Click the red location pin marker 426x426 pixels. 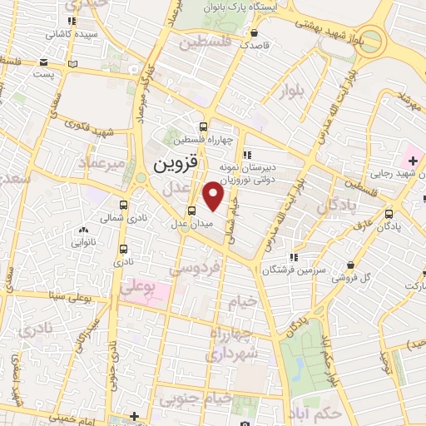click(214, 196)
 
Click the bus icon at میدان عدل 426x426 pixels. click(191, 211)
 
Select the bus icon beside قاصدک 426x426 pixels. click(253, 33)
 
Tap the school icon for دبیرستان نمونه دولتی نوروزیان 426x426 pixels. click(246, 155)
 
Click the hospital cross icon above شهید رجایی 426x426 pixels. click(413, 159)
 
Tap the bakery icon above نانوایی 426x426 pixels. click(82, 230)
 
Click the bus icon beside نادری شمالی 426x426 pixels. click(124, 205)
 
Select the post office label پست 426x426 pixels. click(47, 75)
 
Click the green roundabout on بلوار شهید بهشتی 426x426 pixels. click(372, 39)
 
